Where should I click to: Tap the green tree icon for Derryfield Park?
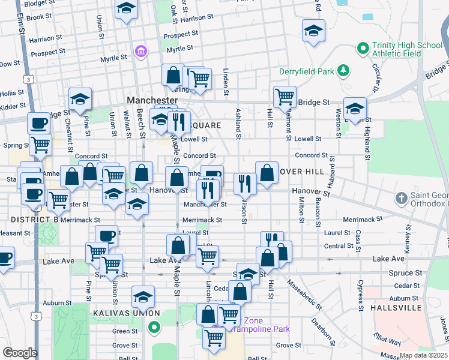[x=343, y=71]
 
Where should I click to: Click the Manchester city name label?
[x=152, y=100]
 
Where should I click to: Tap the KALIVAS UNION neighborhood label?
[x=126, y=313]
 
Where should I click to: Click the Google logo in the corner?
[x=20, y=352]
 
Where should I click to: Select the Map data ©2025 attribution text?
[x=423, y=355]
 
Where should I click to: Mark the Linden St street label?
[x=226, y=82]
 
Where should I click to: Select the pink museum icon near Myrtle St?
[x=142, y=52]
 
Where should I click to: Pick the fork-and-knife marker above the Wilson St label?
[x=244, y=183]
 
